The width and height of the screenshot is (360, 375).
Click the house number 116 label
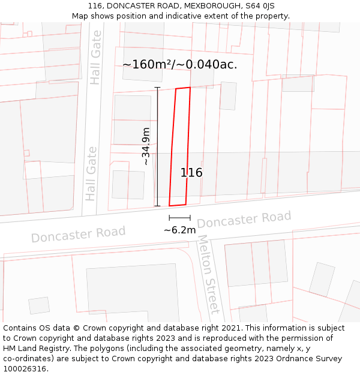click(x=191, y=173)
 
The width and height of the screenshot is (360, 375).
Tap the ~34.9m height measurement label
click(x=146, y=146)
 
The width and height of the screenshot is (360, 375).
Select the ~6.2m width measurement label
click(x=179, y=230)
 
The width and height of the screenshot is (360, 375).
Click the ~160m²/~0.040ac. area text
click(x=179, y=64)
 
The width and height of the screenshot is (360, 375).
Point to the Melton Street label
click(x=208, y=274)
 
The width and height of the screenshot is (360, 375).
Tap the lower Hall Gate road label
click(x=91, y=173)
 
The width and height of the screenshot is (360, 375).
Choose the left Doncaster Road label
click(x=78, y=234)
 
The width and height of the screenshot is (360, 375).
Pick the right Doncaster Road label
click(x=244, y=220)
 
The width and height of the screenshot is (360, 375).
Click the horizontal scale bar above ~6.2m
click(x=179, y=218)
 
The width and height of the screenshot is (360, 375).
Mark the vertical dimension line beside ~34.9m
click(x=157, y=146)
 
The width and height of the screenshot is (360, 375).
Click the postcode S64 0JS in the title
click(x=260, y=6)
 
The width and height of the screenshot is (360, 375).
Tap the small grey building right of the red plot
click(x=228, y=96)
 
